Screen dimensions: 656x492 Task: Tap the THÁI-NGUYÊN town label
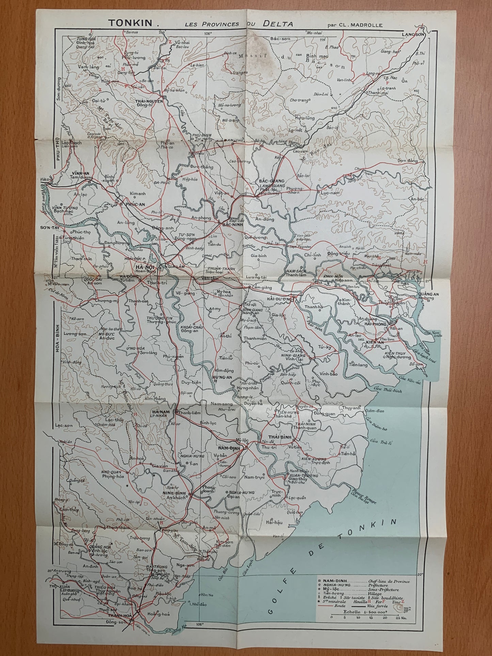pos(149,101)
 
